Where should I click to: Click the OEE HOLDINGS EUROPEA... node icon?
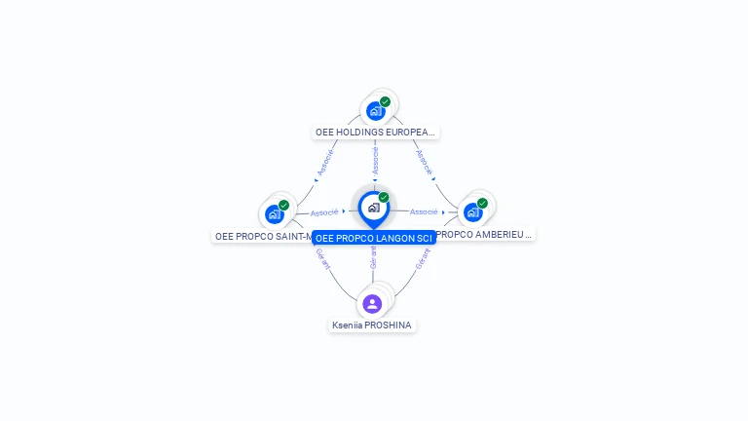375,111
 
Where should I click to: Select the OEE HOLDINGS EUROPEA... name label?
376,132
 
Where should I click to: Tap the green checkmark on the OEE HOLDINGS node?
386,101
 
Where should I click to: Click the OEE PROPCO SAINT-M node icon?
274,214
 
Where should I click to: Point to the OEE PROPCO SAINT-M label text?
262,236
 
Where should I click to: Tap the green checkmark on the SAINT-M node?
283,205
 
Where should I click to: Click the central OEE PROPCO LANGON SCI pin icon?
373,208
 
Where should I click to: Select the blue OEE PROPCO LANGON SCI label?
373,238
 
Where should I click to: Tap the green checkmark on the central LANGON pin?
384,198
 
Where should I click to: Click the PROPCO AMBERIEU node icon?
472,212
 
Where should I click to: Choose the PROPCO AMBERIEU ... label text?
485,234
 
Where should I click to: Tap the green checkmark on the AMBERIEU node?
482,203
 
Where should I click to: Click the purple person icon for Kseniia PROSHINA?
372,304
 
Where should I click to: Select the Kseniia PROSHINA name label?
373,325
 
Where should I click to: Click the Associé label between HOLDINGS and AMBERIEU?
423,161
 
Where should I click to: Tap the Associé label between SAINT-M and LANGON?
324,211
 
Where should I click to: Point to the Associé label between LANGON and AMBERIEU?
424,211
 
